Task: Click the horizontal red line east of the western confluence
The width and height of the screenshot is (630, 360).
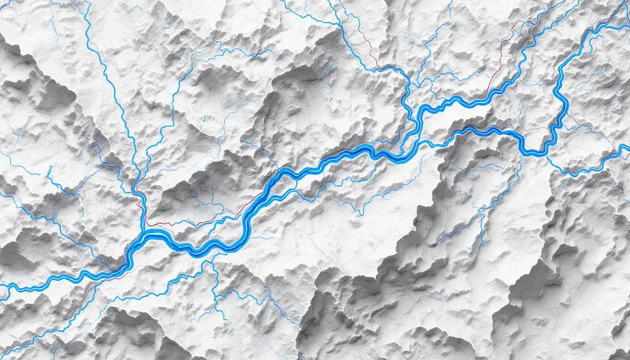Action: pos(178,224)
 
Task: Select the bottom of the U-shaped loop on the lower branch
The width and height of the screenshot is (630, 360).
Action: pos(532,151)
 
